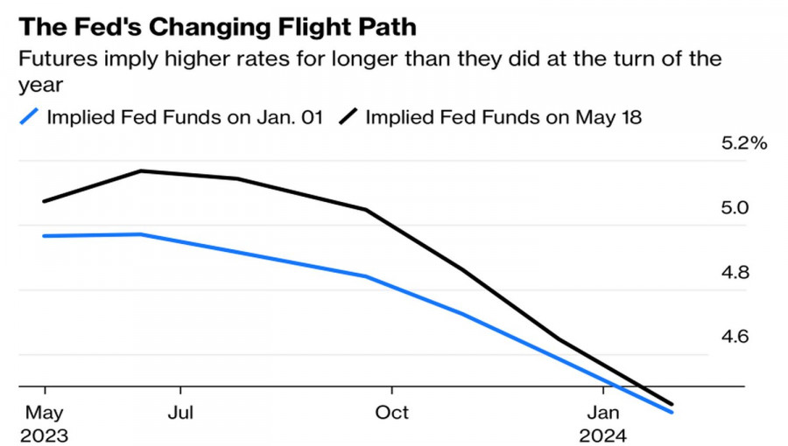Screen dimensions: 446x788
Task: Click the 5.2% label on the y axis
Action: point(743,143)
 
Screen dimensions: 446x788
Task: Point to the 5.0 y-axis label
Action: point(735,208)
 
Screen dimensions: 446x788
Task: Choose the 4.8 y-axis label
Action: point(735,273)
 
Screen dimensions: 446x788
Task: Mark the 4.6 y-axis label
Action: point(735,337)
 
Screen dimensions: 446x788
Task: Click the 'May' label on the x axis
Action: point(44,412)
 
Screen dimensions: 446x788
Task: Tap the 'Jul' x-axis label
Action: point(180,412)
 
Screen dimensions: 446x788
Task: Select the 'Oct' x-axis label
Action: point(392,412)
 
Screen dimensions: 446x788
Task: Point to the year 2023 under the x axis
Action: point(44,435)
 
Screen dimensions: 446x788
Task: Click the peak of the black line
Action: point(142,171)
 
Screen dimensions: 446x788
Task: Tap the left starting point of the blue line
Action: point(44,236)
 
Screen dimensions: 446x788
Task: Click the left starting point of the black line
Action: point(44,202)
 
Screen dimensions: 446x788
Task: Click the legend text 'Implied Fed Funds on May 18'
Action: point(503,117)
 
